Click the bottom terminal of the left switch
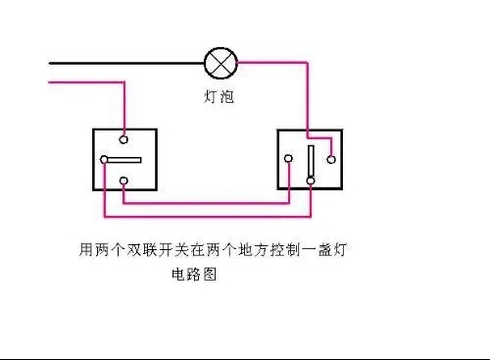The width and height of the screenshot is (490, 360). point(124,181)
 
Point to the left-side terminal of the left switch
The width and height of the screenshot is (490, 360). point(104,160)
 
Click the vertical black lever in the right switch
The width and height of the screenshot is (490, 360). point(310,161)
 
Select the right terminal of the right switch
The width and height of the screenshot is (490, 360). point(331,158)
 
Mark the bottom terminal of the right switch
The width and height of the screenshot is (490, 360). point(310,180)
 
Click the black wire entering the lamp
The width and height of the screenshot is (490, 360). point(127,64)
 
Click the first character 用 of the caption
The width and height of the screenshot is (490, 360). point(85,251)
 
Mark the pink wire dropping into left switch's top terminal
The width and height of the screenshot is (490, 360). point(124,108)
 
